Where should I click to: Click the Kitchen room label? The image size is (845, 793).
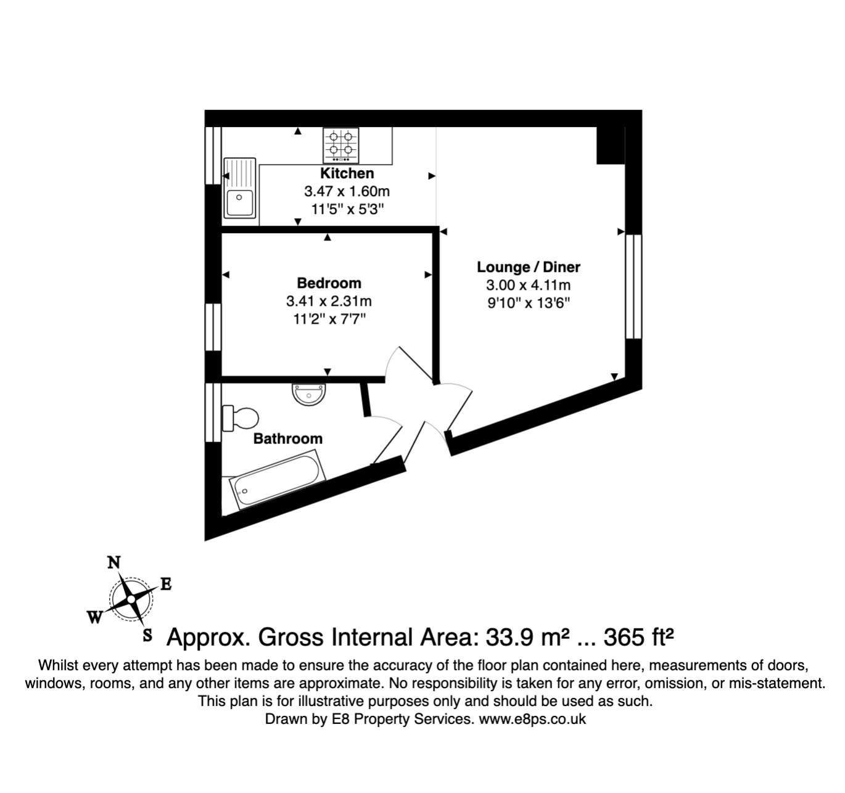tap(347, 173)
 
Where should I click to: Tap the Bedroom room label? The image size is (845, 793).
tap(329, 283)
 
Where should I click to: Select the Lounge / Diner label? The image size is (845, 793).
tap(529, 267)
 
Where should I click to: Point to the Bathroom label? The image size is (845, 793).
tap(287, 438)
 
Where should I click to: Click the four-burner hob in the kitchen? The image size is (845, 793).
tap(341, 145)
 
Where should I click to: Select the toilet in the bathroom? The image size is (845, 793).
tap(241, 418)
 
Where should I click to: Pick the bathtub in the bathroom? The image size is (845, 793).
tap(278, 482)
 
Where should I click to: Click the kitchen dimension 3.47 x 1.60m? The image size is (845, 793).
tap(347, 191)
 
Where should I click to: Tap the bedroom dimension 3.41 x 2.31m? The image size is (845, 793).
tap(329, 301)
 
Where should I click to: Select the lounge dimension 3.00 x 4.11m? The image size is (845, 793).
tap(529, 285)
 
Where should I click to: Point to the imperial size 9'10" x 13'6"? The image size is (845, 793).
tap(529, 303)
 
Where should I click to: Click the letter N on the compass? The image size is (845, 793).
tap(113, 563)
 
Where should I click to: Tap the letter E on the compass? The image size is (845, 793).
tap(165, 584)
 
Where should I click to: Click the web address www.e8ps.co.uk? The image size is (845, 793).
tap(532, 719)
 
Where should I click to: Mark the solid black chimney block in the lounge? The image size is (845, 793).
tap(611, 145)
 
